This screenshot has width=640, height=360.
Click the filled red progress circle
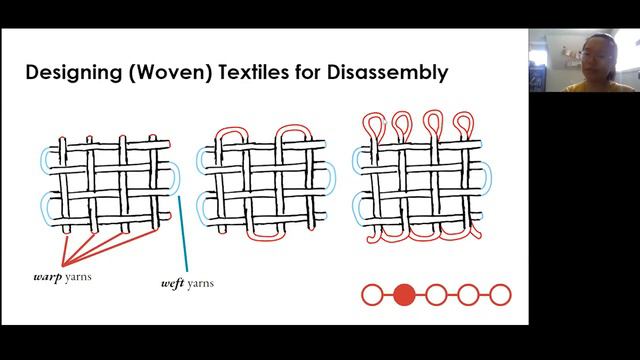404,295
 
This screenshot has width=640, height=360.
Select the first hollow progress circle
372,295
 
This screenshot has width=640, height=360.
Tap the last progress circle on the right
500,295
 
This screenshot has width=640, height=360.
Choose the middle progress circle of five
436,295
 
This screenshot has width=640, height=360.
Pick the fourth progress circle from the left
468,295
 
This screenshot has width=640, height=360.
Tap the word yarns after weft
199,283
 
